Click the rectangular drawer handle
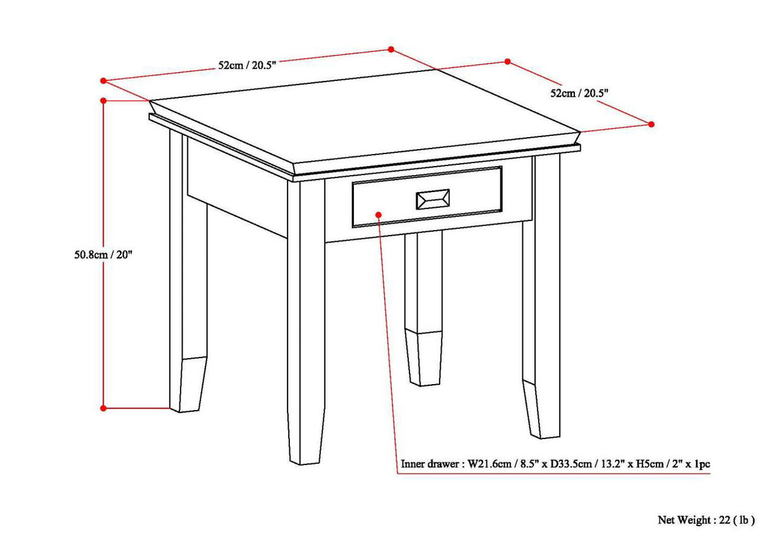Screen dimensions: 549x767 point(433,199)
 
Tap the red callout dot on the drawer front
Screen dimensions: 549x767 point(378,215)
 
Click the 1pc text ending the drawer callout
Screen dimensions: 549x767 point(701,464)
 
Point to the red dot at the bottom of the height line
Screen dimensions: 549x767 point(104,408)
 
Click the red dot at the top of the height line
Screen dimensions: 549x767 point(104,100)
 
